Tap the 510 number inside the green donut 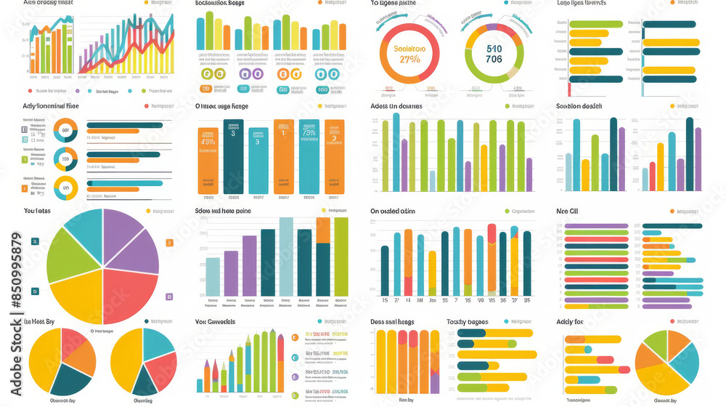(494, 48)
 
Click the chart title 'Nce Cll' (567, 211)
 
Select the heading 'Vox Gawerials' (216, 322)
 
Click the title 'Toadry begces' (467, 322)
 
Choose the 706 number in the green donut (494, 60)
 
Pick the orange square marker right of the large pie (169, 243)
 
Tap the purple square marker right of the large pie (169, 297)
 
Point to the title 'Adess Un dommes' (396, 106)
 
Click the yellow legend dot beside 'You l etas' (149, 211)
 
